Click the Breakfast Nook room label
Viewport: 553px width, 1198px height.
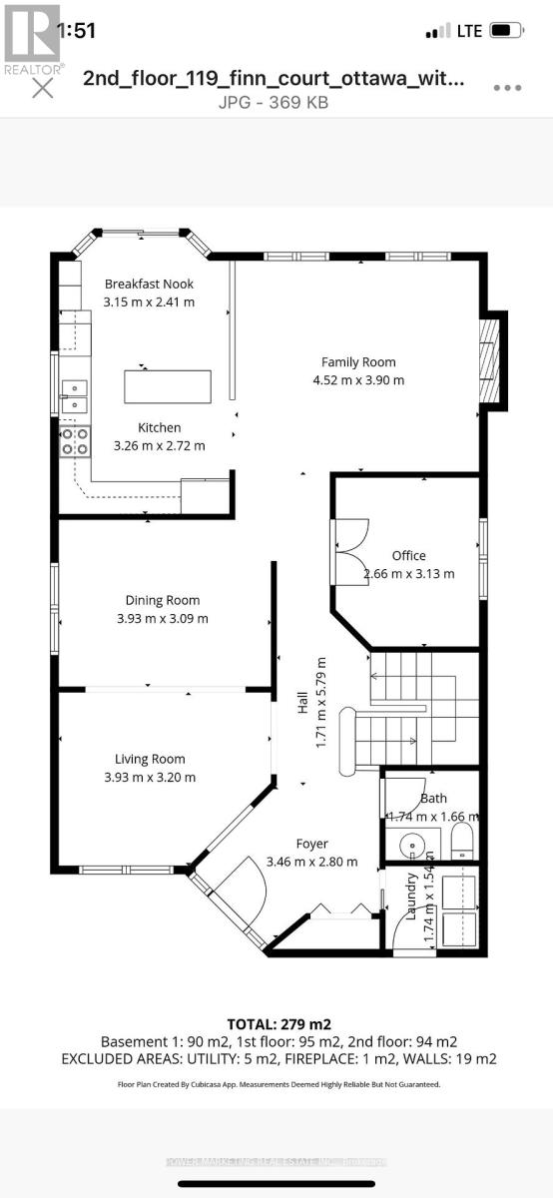tap(150, 285)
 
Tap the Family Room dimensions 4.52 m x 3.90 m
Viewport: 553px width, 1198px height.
tap(357, 380)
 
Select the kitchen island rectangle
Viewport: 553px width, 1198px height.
tap(168, 385)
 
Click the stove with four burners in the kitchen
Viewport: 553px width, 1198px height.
tap(75, 440)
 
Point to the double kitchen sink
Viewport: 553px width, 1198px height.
tap(74, 396)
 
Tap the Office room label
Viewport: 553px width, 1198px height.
tap(408, 556)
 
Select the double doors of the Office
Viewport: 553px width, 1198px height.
tap(351, 552)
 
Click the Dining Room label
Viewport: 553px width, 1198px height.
tap(163, 600)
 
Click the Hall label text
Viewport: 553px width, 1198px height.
tap(302, 704)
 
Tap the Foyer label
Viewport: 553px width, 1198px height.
tap(311, 844)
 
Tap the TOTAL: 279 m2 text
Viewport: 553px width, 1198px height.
tap(278, 1024)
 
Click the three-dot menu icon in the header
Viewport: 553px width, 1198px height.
tap(507, 88)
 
